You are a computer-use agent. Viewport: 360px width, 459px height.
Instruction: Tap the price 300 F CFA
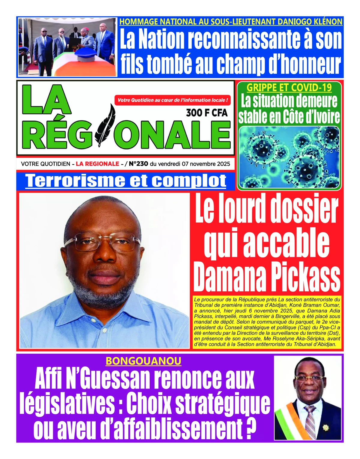click(x=207, y=113)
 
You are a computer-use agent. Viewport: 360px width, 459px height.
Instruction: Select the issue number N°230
click(x=138, y=164)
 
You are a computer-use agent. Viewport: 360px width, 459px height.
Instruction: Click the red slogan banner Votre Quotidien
click(x=172, y=100)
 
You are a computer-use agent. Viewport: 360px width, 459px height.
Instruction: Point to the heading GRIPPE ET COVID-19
click(x=289, y=87)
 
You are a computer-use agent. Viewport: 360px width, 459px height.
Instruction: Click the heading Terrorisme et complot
click(x=126, y=181)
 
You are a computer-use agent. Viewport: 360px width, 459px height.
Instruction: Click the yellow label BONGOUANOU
click(x=143, y=361)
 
